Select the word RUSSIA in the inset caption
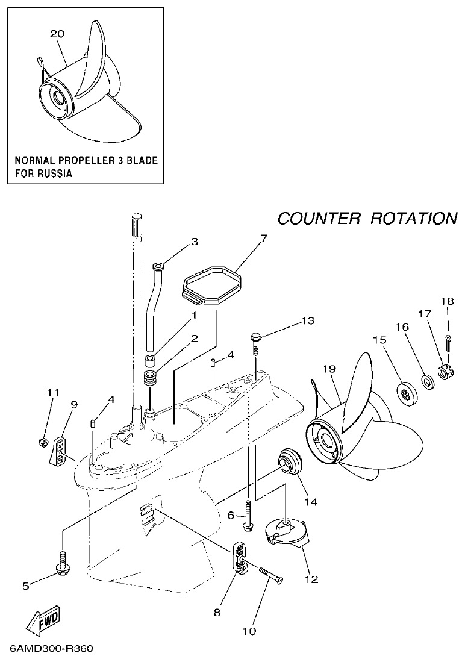point(52,173)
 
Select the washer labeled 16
point(427,381)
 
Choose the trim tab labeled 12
point(287,531)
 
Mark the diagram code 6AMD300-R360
point(51,649)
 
